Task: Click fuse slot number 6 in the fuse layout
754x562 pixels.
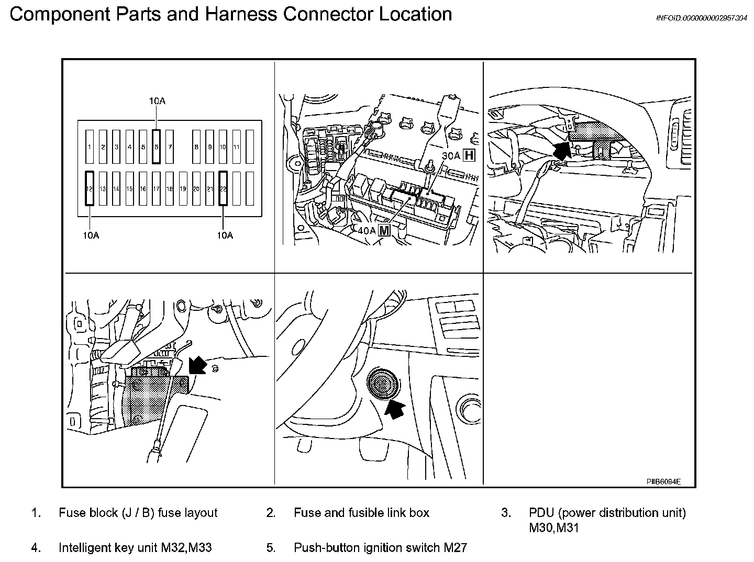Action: click(x=156, y=147)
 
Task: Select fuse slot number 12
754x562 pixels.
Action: click(x=90, y=188)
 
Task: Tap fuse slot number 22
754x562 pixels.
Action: click(x=223, y=188)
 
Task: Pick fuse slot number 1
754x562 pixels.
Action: click(x=90, y=147)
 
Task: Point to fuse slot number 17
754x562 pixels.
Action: click(x=156, y=188)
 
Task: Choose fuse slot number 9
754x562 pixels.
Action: click(x=209, y=147)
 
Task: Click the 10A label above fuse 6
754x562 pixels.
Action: click(x=157, y=100)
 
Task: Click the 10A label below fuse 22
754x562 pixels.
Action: click(x=225, y=235)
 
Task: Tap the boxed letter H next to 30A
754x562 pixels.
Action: click(x=469, y=155)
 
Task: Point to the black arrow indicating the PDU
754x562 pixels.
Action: click(x=561, y=150)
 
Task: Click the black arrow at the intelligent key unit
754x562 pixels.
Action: click(x=197, y=364)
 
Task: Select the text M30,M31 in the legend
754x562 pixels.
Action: click(x=554, y=527)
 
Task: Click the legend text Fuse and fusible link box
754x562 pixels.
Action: click(x=361, y=513)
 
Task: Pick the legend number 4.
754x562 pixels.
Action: click(x=36, y=548)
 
